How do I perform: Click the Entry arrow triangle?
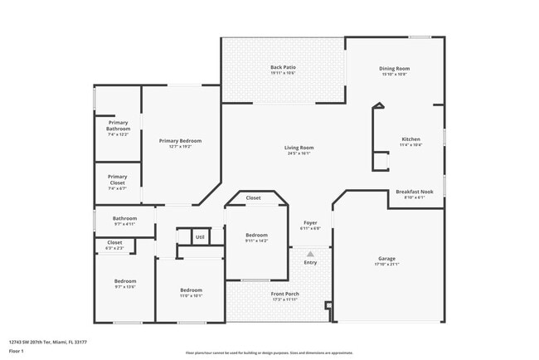pos(310,255)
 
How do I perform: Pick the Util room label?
pos(200,237)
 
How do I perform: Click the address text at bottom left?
pos(47,340)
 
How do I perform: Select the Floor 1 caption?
pos(17,352)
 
